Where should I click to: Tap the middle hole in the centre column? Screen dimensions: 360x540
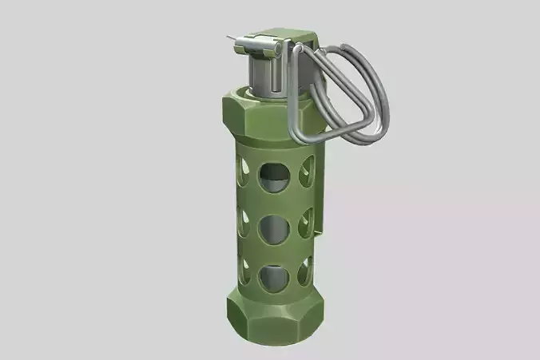273,229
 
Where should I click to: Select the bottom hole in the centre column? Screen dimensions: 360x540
272,276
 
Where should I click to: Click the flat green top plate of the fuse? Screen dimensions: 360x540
280,36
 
